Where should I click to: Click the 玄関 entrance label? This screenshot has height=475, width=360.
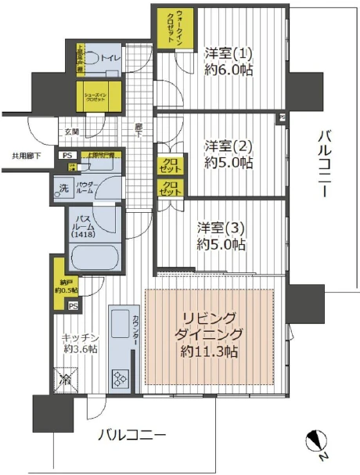click(x=71, y=131)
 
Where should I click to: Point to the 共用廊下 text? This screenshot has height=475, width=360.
click(x=26, y=156)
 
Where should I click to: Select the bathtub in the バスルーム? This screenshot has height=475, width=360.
click(x=95, y=257)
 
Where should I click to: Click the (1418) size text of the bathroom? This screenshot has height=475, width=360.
click(x=81, y=234)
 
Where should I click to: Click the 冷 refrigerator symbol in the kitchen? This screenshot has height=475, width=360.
click(x=67, y=381)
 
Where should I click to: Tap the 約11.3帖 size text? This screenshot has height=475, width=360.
click(x=211, y=351)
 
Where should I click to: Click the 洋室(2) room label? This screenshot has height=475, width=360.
click(x=228, y=146)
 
